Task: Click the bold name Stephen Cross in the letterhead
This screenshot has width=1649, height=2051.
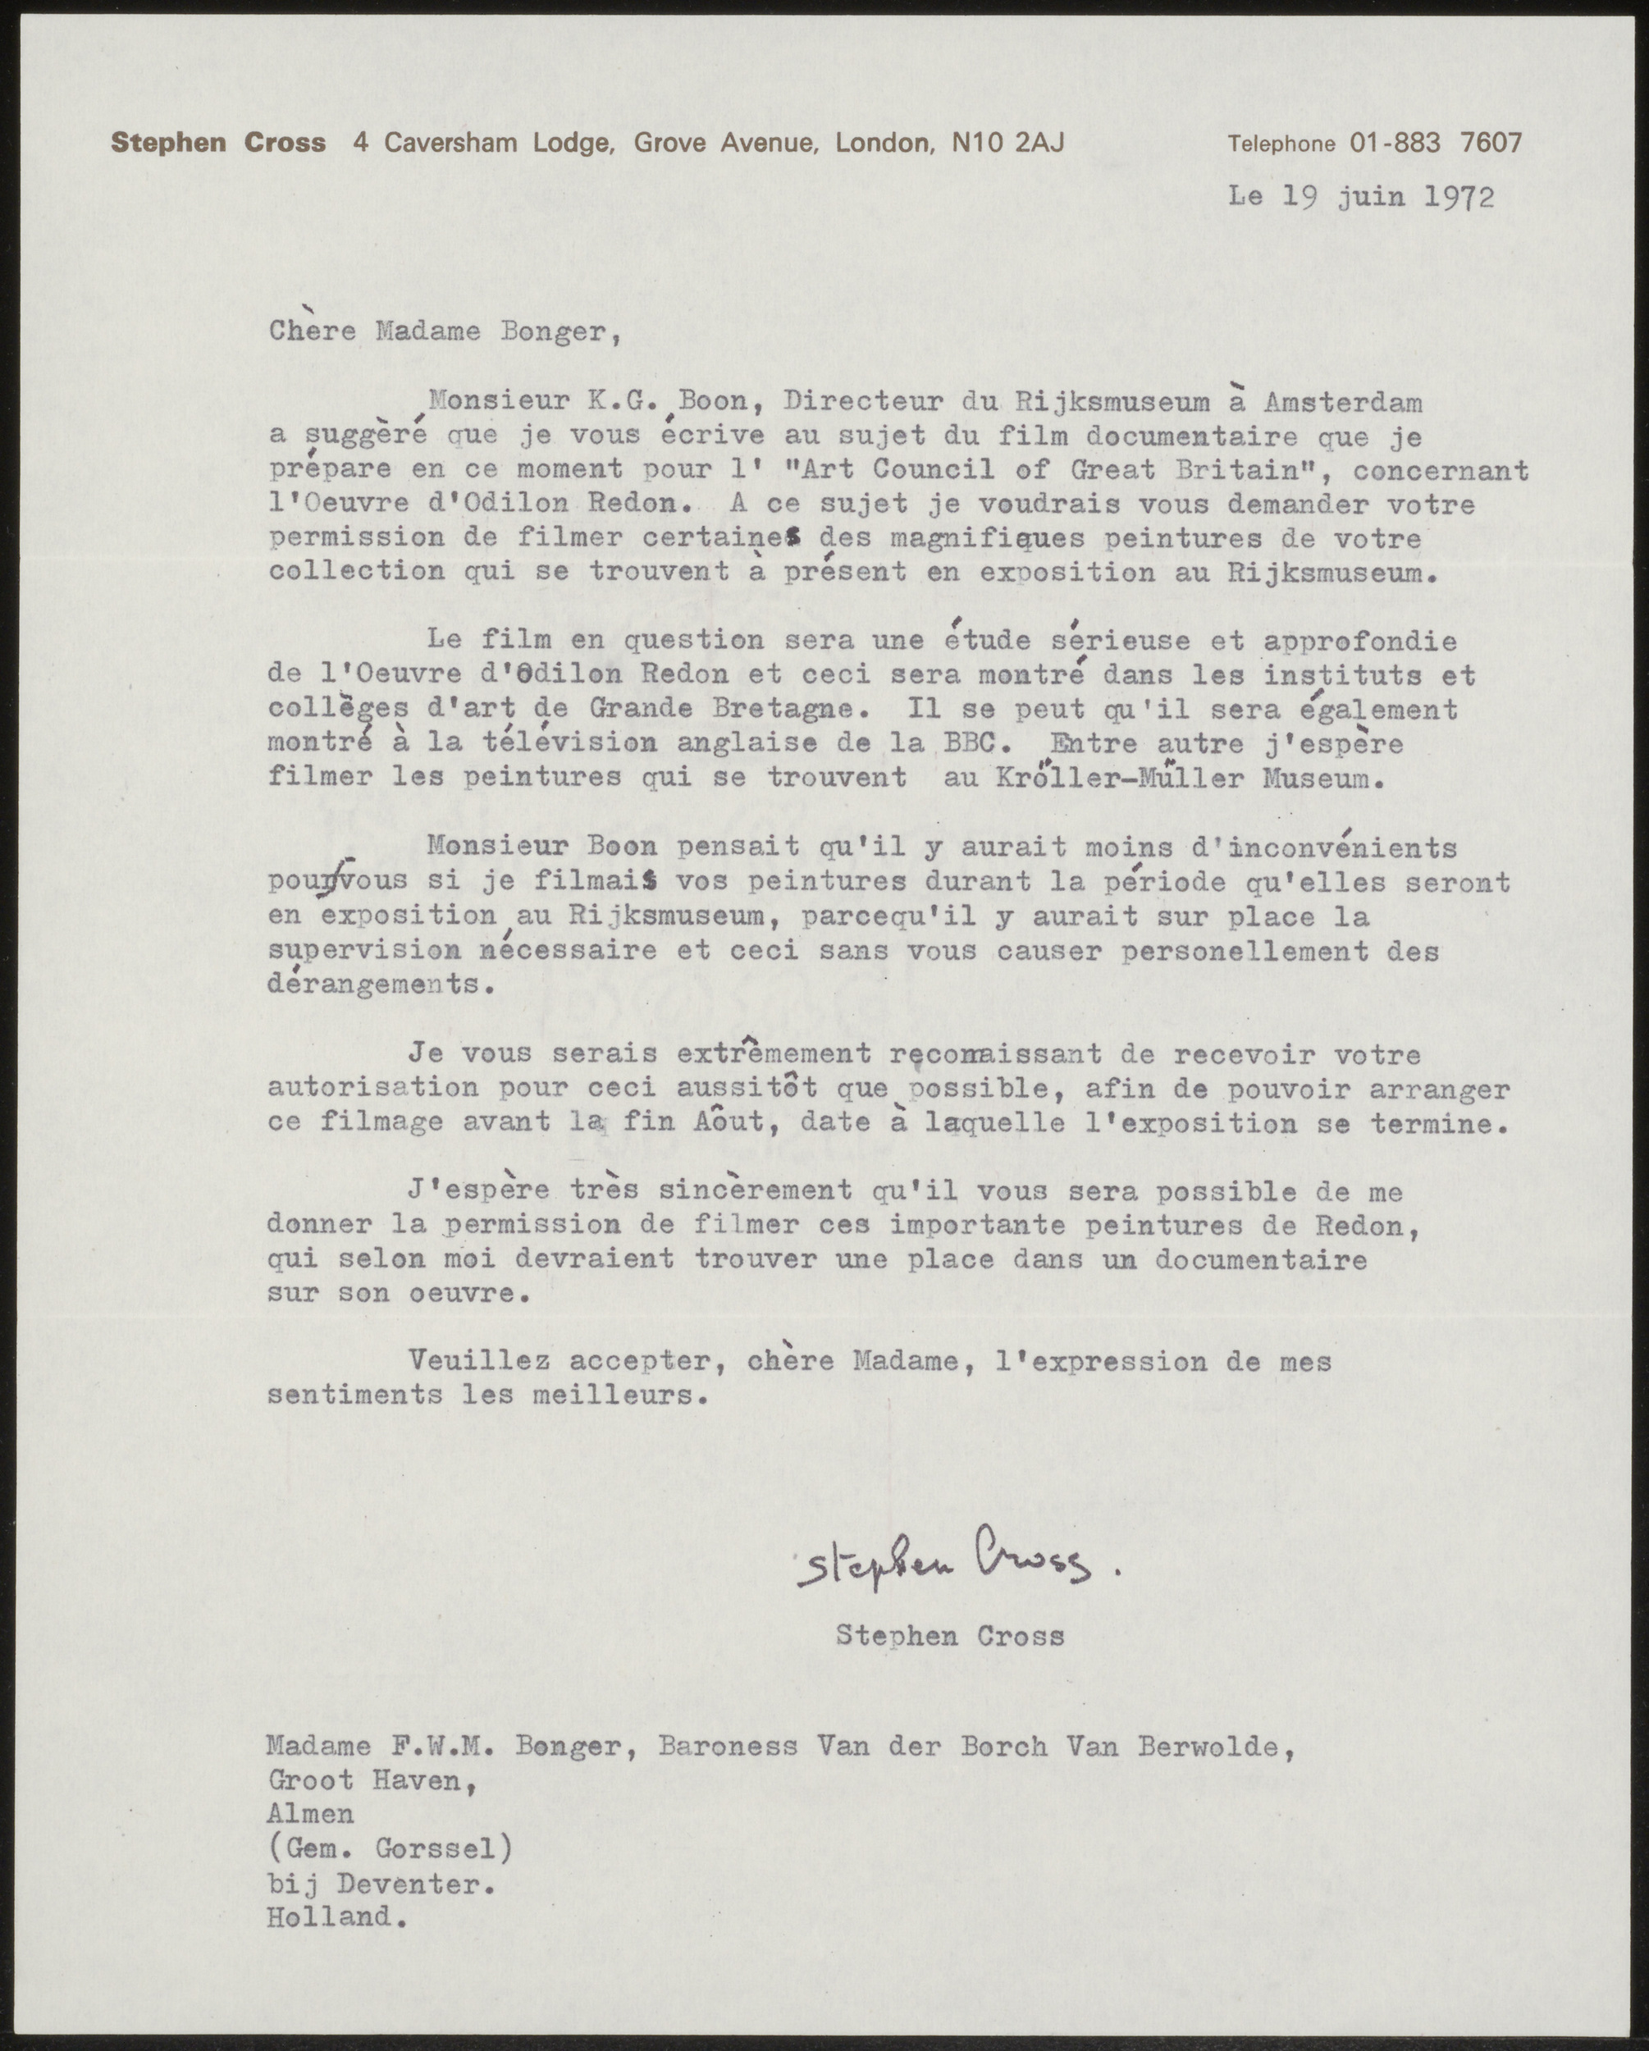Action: point(218,144)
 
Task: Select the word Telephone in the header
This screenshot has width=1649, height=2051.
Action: point(1281,144)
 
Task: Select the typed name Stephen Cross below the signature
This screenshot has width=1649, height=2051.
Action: point(950,1636)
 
